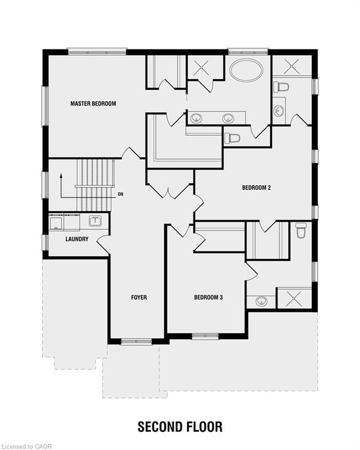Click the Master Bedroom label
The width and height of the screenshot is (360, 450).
(x=93, y=104)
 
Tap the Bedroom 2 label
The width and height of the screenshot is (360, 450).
(x=256, y=187)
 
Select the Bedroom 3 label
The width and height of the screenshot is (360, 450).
(x=208, y=297)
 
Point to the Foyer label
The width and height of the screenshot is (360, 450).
(x=139, y=297)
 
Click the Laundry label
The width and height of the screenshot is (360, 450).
(x=77, y=239)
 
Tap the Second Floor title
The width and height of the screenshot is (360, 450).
(x=180, y=427)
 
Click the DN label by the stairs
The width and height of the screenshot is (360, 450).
(x=121, y=195)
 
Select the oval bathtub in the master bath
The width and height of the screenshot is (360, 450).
(x=247, y=70)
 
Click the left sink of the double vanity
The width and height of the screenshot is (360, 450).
(x=196, y=118)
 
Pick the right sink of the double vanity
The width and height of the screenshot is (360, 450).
(x=228, y=118)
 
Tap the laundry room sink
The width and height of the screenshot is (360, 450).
(x=95, y=221)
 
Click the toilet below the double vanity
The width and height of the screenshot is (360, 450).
(x=232, y=138)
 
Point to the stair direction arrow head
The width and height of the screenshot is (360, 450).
(x=61, y=175)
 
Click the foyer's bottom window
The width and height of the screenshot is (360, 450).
(x=137, y=342)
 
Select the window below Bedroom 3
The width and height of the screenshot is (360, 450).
(x=205, y=336)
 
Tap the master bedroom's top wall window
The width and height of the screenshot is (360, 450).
(x=97, y=52)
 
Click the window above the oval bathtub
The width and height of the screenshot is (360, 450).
(x=248, y=52)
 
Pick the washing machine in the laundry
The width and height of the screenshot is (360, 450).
(x=56, y=222)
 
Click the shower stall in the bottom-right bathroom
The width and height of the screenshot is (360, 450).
(x=294, y=298)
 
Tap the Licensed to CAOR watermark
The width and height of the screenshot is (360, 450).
(x=26, y=446)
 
